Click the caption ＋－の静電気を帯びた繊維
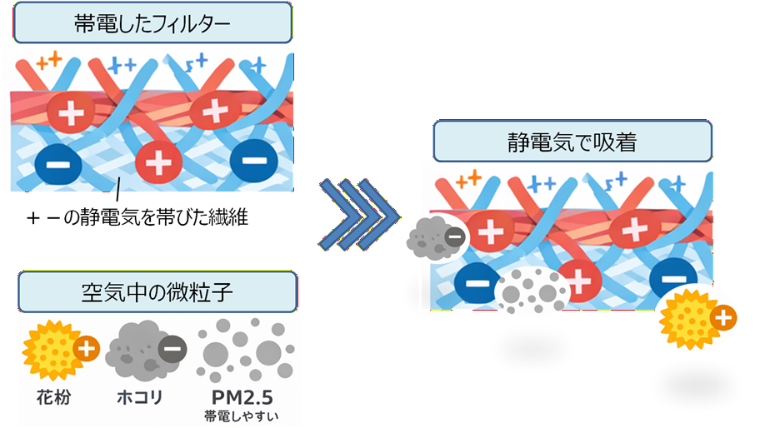137,218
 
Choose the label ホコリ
138,396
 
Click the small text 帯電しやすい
242,414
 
